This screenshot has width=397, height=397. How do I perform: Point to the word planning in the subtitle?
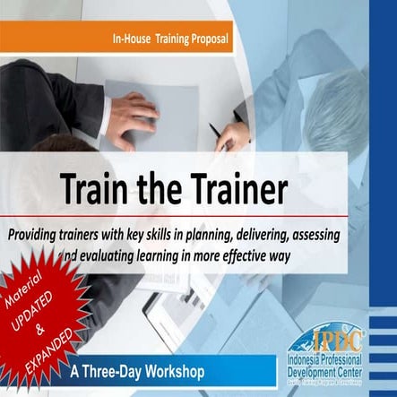pos(221,236)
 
